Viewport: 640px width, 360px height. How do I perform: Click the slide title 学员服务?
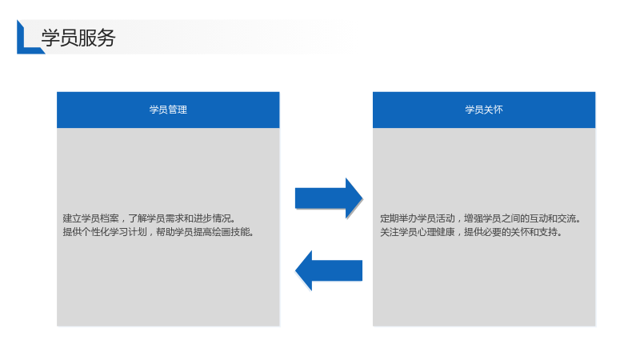pos(78,38)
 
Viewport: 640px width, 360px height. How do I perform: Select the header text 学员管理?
pos(168,110)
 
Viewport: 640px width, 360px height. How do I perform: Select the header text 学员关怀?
pos(484,110)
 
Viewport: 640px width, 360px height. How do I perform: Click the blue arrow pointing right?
pos(329,198)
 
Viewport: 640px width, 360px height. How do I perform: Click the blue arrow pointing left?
pos(329,270)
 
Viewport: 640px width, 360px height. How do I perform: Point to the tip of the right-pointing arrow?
pos(362,198)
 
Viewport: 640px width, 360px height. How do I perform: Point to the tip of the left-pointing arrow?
pos(295,270)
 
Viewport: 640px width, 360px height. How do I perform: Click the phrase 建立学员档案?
pos(90,218)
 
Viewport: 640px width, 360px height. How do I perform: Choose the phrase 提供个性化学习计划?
pos(105,232)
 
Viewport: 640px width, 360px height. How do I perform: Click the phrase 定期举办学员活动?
pos(417,218)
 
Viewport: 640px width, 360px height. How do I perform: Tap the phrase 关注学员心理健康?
pos(417,232)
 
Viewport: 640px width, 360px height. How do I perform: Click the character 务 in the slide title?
pos(106,38)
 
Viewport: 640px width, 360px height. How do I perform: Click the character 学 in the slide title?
pos(50,38)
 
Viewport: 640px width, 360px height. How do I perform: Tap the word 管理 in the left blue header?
pos(178,110)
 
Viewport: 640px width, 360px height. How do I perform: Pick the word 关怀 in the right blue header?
pos(494,110)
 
